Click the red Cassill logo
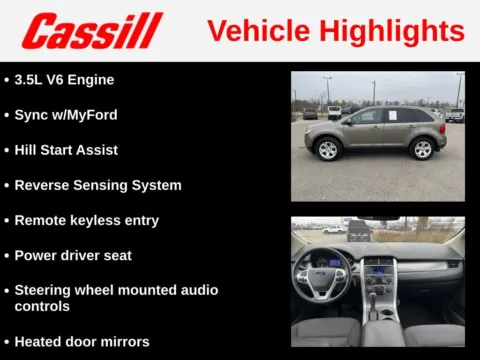pyautogui.click(x=91, y=31)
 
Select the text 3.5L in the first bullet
pyautogui.click(x=32, y=79)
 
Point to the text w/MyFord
pyautogui.click(x=84, y=115)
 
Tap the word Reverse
pyautogui.click(x=43, y=185)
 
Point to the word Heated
pyautogui.click(x=39, y=341)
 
